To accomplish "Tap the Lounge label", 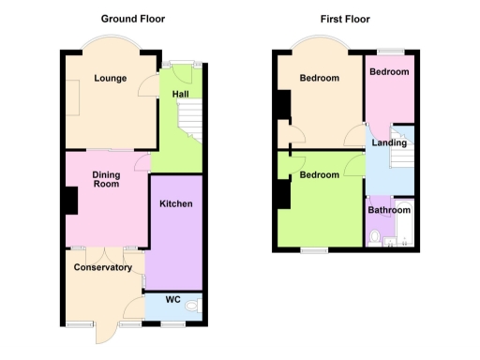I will point(111,78).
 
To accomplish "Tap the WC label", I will point(172,300).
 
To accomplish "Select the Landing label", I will point(388,143).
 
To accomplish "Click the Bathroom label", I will point(388,210).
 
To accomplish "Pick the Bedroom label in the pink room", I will point(388,72).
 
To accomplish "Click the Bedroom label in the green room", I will point(319,175).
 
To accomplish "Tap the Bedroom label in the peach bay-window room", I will point(319,79).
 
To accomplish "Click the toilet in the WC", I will point(192,306).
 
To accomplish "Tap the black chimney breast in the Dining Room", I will point(70,202).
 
